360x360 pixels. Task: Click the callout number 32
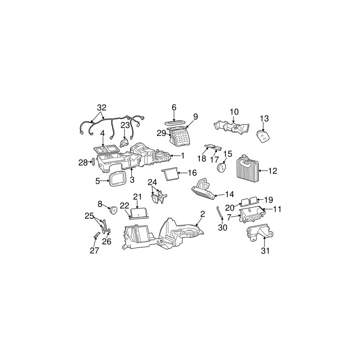pos(102,108)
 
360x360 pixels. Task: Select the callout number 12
pos(273,171)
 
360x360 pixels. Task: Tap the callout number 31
pos(265,251)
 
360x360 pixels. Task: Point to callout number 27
pos(94,251)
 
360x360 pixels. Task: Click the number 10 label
pos(234,112)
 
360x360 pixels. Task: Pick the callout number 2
pos(202,214)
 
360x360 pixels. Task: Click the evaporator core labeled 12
pos(247,170)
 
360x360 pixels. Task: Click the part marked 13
pos(263,137)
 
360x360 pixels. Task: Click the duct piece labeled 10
pos(231,127)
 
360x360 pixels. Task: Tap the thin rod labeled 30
pos(220,212)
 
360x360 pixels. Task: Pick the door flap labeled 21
pos(139,212)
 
